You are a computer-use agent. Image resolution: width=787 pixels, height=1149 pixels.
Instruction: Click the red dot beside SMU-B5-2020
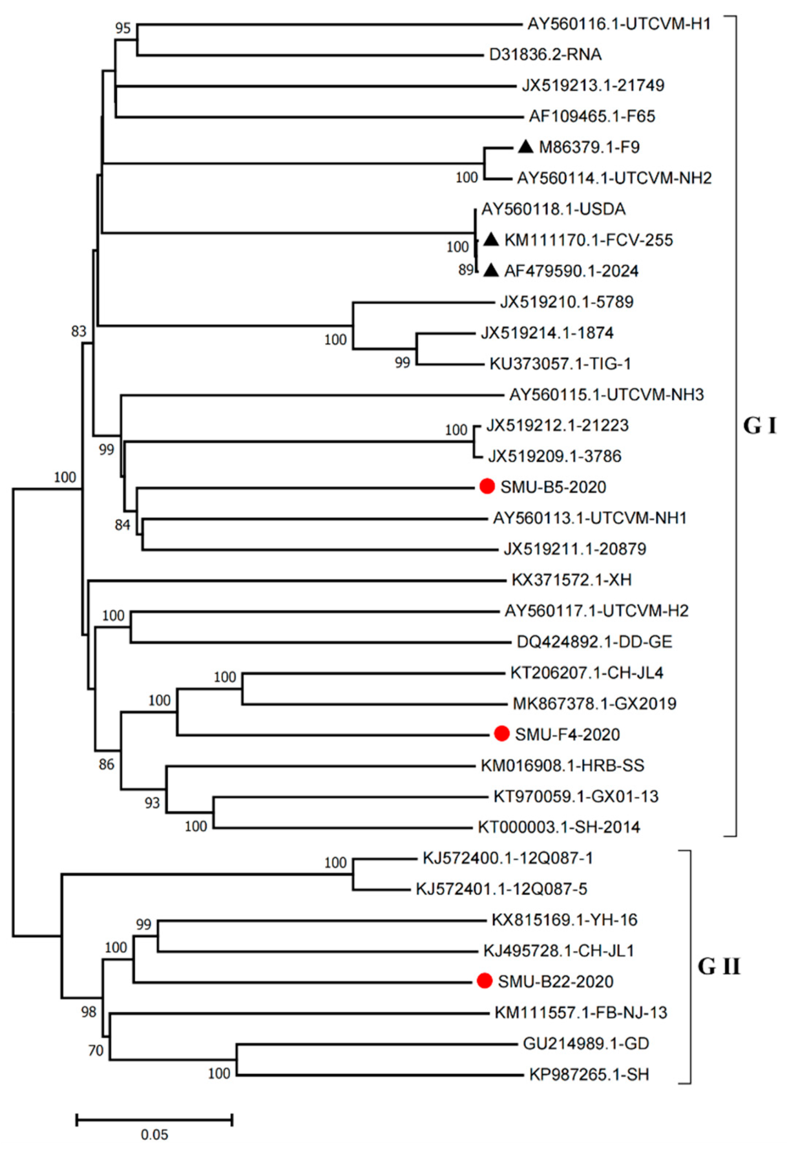(x=487, y=486)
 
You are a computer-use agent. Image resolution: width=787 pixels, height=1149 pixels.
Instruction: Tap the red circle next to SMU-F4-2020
(x=501, y=734)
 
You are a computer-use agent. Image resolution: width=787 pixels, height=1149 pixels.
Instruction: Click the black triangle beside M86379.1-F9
(x=525, y=147)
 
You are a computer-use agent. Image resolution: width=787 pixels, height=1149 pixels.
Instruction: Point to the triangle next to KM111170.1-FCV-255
(x=491, y=240)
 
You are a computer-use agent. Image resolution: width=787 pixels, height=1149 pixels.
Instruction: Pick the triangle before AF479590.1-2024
(x=491, y=270)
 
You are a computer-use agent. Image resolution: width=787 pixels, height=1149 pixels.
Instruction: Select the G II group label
(x=719, y=967)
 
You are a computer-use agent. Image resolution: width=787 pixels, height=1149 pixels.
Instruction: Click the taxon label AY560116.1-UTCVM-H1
(x=619, y=24)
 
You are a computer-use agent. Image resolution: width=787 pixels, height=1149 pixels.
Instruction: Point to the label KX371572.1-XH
(x=572, y=580)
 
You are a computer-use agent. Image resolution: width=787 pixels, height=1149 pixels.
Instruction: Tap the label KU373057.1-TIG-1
(x=560, y=364)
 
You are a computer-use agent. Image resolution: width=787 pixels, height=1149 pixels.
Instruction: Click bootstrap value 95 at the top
(x=123, y=28)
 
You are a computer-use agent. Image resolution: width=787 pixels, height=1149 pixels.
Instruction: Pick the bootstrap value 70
(x=96, y=1049)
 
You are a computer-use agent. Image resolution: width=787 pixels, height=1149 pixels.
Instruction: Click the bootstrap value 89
(x=465, y=271)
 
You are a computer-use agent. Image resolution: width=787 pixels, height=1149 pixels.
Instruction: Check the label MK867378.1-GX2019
(x=594, y=703)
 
